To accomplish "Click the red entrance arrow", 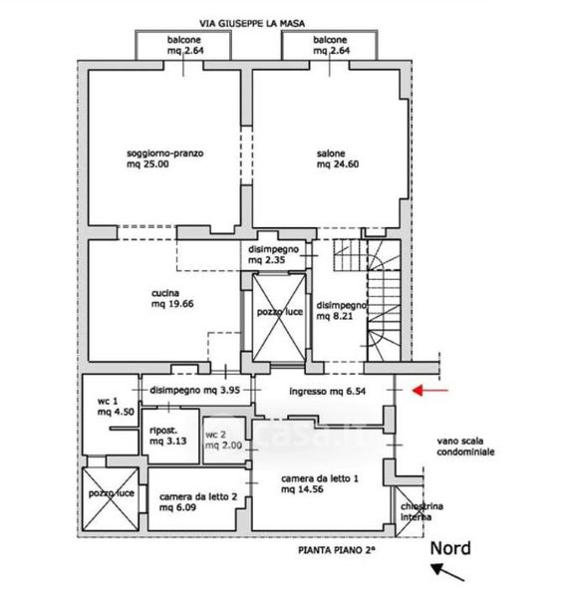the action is click(430, 390).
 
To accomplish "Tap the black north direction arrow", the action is click(447, 572).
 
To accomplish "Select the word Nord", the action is click(450, 548).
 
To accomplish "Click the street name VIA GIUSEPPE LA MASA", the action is click(252, 24).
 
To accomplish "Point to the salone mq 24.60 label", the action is click(338, 159).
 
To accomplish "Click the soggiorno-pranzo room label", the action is click(165, 158).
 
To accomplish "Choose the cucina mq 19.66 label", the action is click(172, 299).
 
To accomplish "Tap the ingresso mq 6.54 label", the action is click(328, 392).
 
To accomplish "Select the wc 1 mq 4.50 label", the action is click(116, 407).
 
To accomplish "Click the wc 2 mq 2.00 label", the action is click(223, 441).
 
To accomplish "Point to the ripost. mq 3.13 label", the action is click(168, 436).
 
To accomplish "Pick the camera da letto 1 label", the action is click(320, 484).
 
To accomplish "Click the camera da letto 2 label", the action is click(198, 502).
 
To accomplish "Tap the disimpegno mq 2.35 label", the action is click(273, 255).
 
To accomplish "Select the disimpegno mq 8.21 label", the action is click(342, 310).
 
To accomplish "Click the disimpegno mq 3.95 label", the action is click(194, 390).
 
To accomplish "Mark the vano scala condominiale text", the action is click(465, 447).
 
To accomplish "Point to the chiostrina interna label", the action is click(422, 512).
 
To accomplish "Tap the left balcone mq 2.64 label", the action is click(185, 45).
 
